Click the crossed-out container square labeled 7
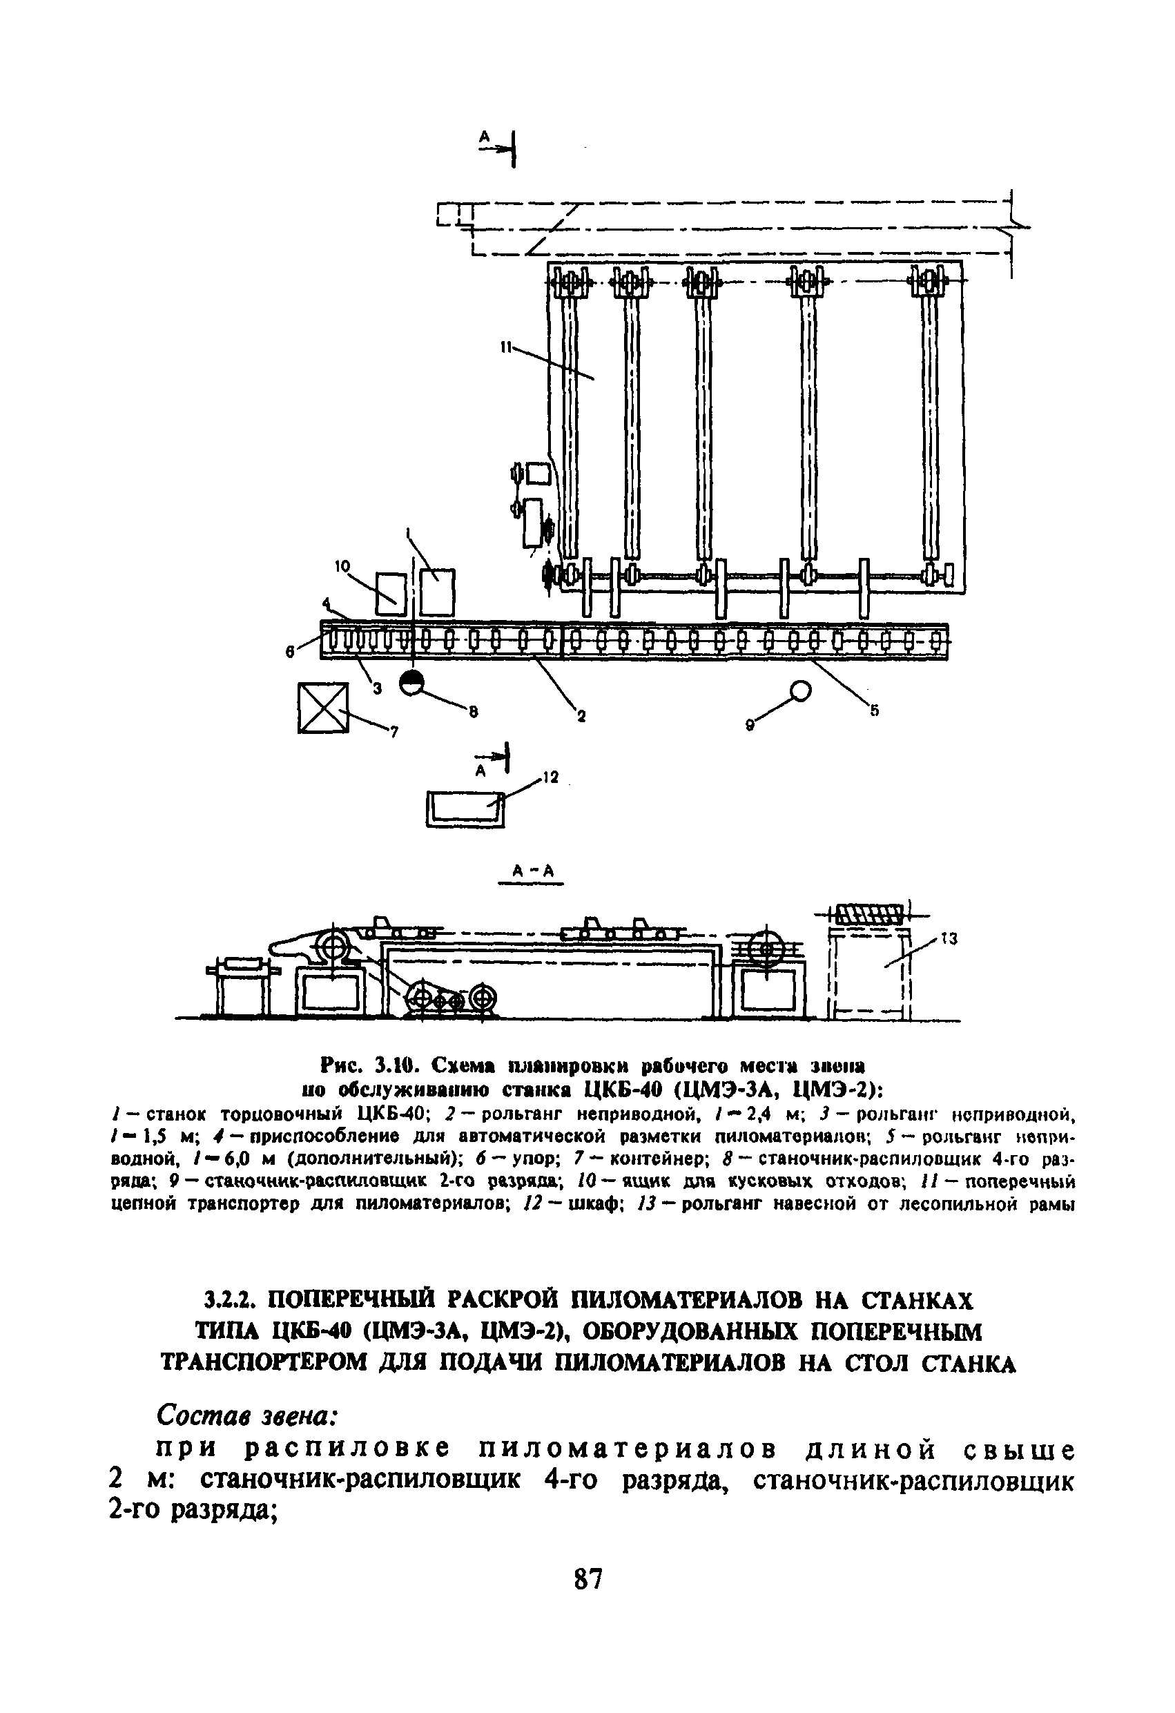(x=322, y=708)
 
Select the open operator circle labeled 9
(x=801, y=690)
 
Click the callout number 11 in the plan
(x=507, y=347)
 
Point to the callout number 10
(x=341, y=566)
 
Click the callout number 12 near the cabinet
(x=551, y=777)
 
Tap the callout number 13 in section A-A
(x=949, y=939)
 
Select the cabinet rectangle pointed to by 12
(x=465, y=809)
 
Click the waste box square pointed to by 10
(x=391, y=593)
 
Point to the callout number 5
(x=874, y=711)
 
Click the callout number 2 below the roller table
(x=581, y=714)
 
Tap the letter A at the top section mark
(x=485, y=136)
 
